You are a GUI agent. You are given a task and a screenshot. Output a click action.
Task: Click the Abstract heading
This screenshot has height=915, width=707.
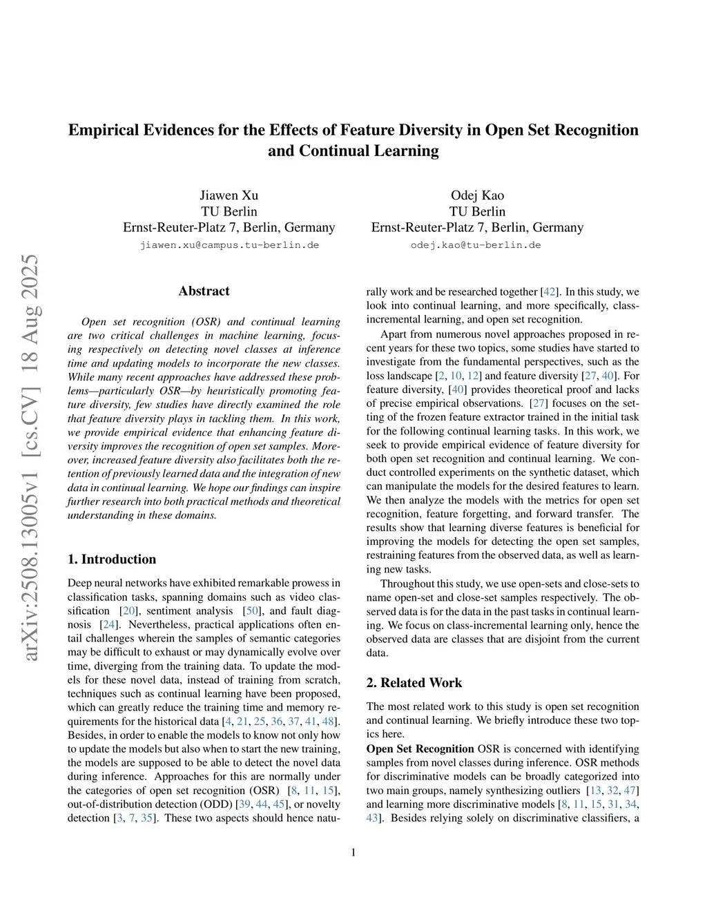pyautogui.click(x=204, y=291)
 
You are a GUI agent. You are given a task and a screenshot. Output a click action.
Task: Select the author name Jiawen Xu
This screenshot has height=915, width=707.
pyautogui.click(x=229, y=195)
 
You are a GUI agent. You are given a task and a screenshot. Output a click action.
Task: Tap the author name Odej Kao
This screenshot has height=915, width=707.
pyautogui.click(x=477, y=195)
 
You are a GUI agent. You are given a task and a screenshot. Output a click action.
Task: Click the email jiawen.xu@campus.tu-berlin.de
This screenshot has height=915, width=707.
pyautogui.click(x=229, y=245)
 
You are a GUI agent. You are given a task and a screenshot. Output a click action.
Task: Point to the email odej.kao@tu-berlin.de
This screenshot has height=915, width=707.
pyautogui.click(x=476, y=245)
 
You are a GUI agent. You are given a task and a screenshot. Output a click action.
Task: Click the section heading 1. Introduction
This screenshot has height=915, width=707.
pyautogui.click(x=112, y=559)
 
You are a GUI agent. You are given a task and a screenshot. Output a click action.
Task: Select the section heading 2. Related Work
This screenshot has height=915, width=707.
pyautogui.click(x=414, y=682)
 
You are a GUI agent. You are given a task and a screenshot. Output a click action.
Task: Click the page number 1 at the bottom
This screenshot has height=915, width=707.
pyautogui.click(x=353, y=852)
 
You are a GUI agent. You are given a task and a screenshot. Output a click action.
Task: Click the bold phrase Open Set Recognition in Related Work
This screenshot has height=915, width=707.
pyautogui.click(x=420, y=749)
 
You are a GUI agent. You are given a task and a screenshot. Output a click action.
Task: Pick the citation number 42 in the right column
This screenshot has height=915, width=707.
pyautogui.click(x=550, y=292)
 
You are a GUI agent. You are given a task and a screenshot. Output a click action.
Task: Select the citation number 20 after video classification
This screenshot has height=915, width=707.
pyautogui.click(x=128, y=611)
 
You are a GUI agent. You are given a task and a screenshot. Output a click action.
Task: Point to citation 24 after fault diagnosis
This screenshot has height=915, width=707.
pyautogui.click(x=108, y=625)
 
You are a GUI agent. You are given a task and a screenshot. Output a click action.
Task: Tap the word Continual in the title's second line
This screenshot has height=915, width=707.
pyautogui.click(x=333, y=151)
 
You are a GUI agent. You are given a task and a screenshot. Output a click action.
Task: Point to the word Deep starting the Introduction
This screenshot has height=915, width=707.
pyautogui.click(x=81, y=584)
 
